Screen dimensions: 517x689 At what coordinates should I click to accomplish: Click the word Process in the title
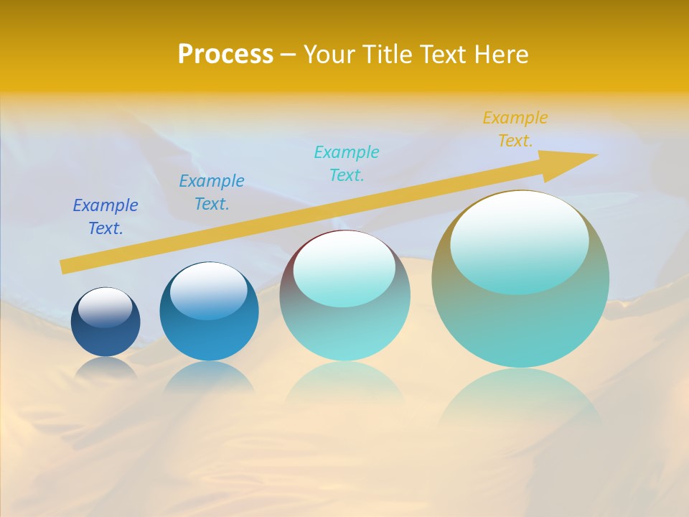pyautogui.click(x=225, y=54)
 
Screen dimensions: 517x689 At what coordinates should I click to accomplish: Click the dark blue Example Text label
pyautogui.click(x=106, y=217)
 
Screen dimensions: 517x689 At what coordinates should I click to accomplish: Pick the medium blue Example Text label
pyautogui.click(x=212, y=192)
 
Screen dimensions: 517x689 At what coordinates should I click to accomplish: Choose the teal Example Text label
pyautogui.click(x=347, y=164)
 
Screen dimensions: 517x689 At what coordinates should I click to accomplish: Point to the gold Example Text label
pyautogui.click(x=515, y=129)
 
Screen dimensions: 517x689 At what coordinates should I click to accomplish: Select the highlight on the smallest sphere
pyautogui.click(x=106, y=307)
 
